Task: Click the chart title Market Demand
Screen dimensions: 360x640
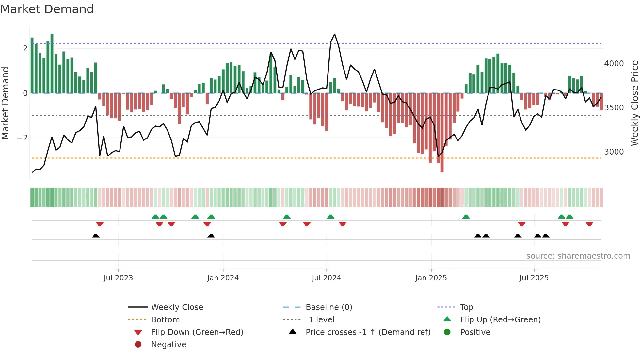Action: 47,9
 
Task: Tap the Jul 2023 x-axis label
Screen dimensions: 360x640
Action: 118,278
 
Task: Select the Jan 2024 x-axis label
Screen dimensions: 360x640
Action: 223,278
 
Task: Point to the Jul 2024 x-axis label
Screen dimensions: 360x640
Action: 326,278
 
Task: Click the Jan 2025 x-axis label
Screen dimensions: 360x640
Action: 431,278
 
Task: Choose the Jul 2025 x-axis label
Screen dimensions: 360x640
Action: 534,278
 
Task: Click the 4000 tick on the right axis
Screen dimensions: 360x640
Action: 614,64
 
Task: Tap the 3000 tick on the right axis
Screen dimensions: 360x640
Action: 614,152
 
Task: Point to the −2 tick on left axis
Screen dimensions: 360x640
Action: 22,138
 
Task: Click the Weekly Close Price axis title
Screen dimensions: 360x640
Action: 634,103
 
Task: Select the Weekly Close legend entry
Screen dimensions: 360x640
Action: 177,307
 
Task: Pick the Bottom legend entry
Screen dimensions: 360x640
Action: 165,320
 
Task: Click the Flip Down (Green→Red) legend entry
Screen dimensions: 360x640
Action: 197,332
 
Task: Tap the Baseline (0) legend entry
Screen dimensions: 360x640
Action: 328,307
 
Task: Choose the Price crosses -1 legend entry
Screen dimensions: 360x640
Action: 368,332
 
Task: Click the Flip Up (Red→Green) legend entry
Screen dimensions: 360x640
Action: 500,320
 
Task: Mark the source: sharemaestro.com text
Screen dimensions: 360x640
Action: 578,256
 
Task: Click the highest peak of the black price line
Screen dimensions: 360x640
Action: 334,34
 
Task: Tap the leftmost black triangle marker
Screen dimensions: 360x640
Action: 96,236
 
